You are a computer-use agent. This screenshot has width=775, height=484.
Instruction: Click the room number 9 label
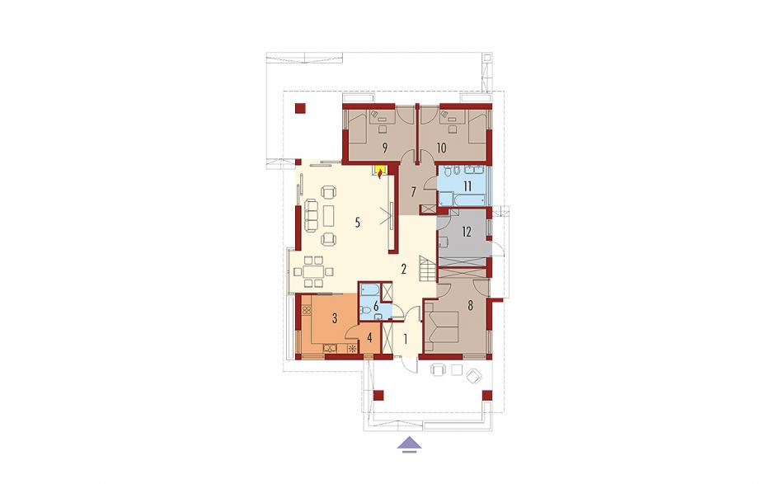tap(384, 147)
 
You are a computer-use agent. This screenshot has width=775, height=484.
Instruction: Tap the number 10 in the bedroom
tap(441, 148)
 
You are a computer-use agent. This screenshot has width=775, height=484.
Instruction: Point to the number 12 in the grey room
tap(467, 232)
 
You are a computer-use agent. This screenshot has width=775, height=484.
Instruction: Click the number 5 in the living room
tap(357, 223)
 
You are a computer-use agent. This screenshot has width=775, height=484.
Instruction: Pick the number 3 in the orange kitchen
tap(335, 318)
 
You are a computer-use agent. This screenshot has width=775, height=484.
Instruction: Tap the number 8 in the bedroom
tap(470, 305)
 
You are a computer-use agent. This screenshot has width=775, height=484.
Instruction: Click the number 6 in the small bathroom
tap(376, 306)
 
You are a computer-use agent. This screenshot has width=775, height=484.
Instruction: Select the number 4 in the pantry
tap(369, 339)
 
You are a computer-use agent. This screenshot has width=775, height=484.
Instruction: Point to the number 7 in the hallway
tap(413, 190)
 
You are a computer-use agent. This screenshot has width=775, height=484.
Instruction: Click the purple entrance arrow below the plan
tap(411, 444)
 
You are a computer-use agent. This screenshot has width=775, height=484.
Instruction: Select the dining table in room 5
tap(312, 271)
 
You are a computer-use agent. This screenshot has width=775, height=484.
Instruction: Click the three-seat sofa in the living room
tap(310, 215)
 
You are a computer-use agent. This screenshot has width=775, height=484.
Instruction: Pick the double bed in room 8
tap(440, 323)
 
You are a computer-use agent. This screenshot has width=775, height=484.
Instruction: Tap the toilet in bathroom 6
tap(366, 311)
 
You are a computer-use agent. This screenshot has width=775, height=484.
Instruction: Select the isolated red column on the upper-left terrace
tap(300, 108)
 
